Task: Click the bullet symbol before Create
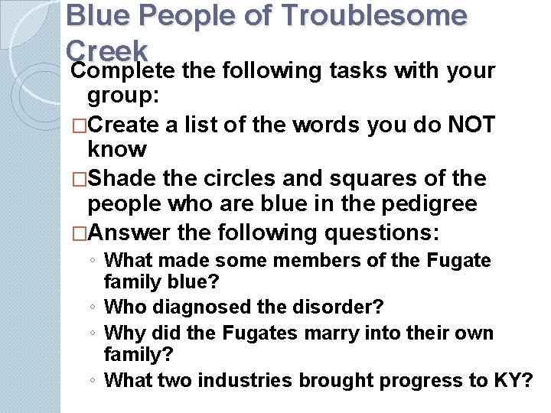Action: coord(79,125)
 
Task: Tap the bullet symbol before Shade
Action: coord(79,179)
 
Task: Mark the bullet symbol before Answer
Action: coord(79,232)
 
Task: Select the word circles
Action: coord(233,179)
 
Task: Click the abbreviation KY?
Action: coord(514,379)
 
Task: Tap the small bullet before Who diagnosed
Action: coord(93,307)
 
